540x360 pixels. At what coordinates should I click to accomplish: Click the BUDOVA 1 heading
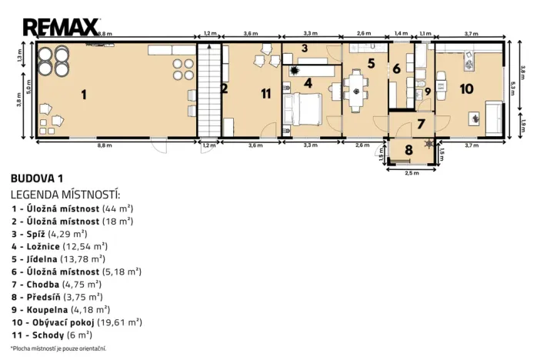coord(36,178)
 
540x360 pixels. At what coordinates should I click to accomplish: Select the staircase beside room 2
coord(207,90)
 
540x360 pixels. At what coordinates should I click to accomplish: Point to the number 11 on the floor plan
coord(265,94)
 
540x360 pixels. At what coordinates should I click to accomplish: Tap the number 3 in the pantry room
coord(305,48)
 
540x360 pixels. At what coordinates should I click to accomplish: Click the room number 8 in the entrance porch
coord(408,149)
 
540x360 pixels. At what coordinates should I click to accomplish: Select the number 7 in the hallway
coord(420,123)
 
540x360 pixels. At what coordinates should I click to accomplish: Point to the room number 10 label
coord(466,88)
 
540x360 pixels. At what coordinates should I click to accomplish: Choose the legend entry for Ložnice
coord(58,246)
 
